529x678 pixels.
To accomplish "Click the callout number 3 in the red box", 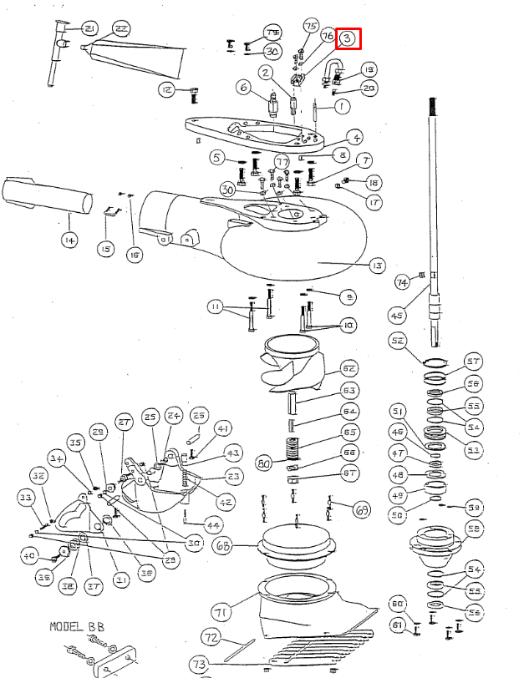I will (x=348, y=38).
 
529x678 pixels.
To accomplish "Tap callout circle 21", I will (x=89, y=29).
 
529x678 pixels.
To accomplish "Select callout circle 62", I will (x=348, y=368).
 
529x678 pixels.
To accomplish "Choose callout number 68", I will (x=222, y=548).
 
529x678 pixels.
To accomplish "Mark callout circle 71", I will (x=221, y=613).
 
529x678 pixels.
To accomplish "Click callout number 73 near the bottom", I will (x=198, y=664).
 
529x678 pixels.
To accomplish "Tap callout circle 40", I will (x=29, y=555).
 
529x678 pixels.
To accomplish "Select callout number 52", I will (x=398, y=340).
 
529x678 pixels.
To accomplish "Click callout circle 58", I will (x=474, y=529).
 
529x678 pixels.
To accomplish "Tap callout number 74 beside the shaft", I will (x=402, y=282).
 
